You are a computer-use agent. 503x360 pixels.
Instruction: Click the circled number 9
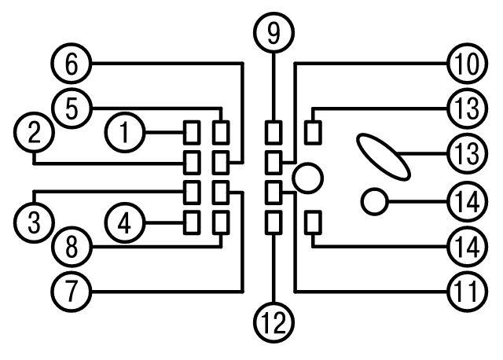pyautogui.click(x=274, y=32)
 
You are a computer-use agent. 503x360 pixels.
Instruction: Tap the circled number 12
pyautogui.click(x=274, y=322)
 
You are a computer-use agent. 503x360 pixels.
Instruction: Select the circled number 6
pyautogui.click(x=72, y=63)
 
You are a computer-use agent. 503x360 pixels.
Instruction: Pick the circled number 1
pyautogui.click(x=125, y=132)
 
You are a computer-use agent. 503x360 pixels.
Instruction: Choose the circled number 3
pyautogui.click(x=34, y=222)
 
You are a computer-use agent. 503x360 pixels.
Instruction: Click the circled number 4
pyautogui.click(x=125, y=222)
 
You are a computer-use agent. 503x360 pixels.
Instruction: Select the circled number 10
pyautogui.click(x=468, y=63)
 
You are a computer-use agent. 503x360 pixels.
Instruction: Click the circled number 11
pyautogui.click(x=468, y=292)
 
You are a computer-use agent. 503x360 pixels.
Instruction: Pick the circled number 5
pyautogui.click(x=72, y=108)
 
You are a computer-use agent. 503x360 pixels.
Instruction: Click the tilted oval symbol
pyautogui.click(x=384, y=157)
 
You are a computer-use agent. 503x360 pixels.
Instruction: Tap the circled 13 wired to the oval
pyautogui.click(x=468, y=153)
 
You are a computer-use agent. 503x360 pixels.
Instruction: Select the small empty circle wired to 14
pyautogui.click(x=375, y=202)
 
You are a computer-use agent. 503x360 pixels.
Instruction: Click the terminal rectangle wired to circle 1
pyautogui.click(x=192, y=132)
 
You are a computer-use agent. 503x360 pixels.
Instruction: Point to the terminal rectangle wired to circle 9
pyautogui.click(x=274, y=132)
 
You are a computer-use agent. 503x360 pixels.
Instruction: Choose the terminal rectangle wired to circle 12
pyautogui.click(x=274, y=222)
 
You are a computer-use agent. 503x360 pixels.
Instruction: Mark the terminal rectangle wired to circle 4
pyautogui.click(x=192, y=222)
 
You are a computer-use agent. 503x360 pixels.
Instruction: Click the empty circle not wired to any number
pyautogui.click(x=307, y=178)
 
